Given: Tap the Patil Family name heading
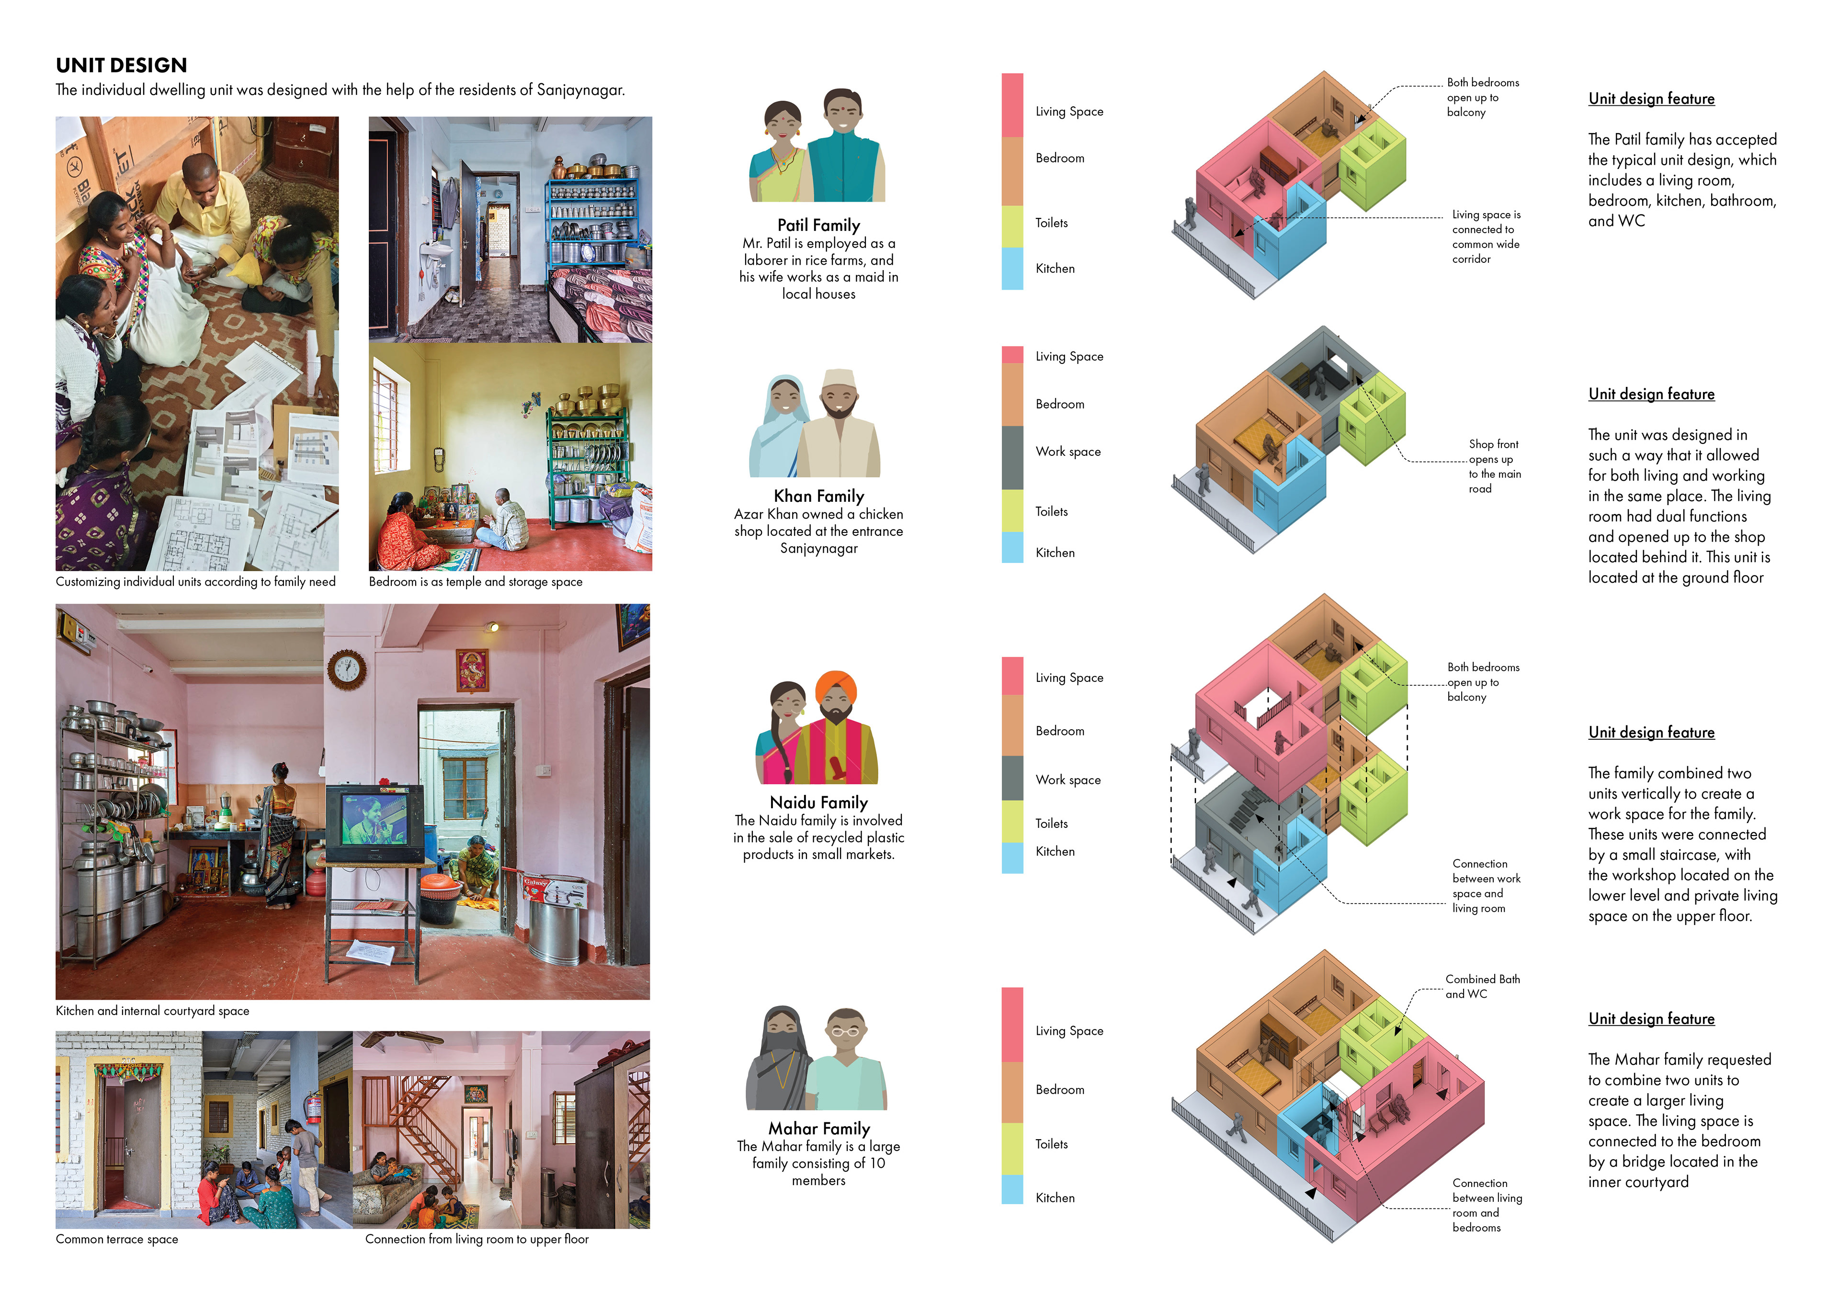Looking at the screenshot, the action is pos(818,225).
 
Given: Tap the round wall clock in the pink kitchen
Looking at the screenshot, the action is pos(347,669).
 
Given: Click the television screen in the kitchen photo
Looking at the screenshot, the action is pos(373,819).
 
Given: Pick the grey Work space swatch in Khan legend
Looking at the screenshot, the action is pos(1012,457).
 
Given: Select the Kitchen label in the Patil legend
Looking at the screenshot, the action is pos(1055,268).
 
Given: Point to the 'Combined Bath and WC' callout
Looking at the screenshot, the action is pos(1482,986).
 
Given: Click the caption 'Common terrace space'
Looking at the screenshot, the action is pos(117,1239).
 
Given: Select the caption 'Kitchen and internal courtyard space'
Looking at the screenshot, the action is pos(152,1011).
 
